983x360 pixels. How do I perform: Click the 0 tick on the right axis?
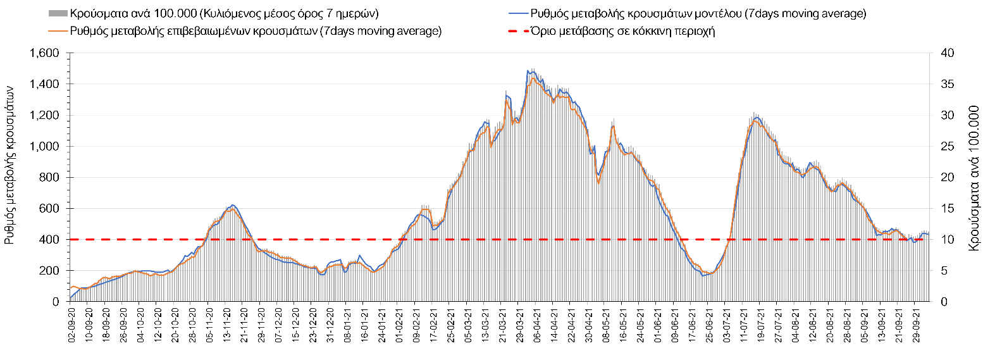tap(939, 301)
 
